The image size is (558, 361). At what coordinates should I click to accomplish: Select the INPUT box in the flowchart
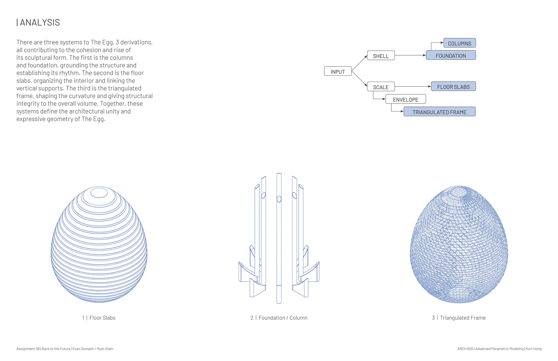point(338,71)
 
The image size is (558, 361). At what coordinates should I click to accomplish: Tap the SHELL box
point(381,56)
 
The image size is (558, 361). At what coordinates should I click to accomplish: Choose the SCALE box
point(381,87)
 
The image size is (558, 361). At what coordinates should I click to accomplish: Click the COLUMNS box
point(459,43)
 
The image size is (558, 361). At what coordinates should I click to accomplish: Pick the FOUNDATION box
point(451,55)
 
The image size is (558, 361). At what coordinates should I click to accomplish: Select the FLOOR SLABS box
point(453,87)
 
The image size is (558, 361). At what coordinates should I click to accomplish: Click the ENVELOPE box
point(405,99)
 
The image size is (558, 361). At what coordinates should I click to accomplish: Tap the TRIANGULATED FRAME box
point(439,112)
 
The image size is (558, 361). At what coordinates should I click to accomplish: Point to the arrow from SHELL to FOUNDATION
point(410,55)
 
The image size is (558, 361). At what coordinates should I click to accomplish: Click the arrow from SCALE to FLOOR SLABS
point(413,87)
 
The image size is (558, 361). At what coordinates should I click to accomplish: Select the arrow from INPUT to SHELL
point(359,63)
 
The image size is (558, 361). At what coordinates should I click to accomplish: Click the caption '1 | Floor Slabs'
point(99,318)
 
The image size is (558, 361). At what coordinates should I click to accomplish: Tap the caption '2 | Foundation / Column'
point(279,318)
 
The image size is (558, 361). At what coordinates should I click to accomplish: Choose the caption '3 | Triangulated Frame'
point(459,318)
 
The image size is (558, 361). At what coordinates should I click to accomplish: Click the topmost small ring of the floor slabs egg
point(99,192)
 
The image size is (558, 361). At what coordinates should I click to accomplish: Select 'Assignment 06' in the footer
point(28,349)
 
